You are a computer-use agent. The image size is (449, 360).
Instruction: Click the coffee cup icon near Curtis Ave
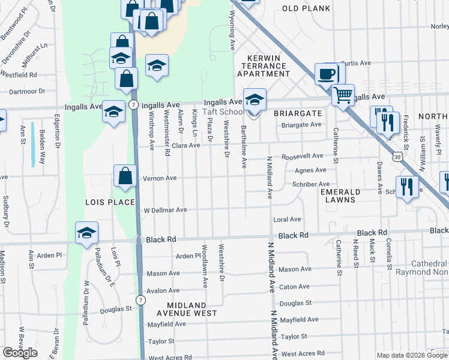tap(327, 74)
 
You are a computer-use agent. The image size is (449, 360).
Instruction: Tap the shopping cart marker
tap(342, 94)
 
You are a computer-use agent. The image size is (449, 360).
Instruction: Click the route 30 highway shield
tap(397, 156)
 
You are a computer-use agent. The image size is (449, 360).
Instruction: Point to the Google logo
tap(20, 353)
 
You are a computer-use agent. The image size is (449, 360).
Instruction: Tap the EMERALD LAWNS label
tap(340, 196)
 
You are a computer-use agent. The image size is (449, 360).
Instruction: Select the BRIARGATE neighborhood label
tap(298, 113)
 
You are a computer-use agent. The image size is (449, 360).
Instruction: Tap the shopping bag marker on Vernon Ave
tap(124, 176)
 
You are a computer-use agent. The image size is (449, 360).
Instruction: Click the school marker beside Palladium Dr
tap(86, 233)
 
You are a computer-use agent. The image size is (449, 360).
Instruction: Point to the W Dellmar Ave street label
tap(166, 210)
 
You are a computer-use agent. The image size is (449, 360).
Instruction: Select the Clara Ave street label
tap(185, 145)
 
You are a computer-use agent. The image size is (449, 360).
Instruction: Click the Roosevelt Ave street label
tap(302, 155)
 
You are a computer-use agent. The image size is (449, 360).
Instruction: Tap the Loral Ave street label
tap(287, 220)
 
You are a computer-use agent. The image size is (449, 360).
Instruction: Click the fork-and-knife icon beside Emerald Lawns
tap(406, 187)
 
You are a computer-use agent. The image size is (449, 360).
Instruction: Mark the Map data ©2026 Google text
tap(412, 355)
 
